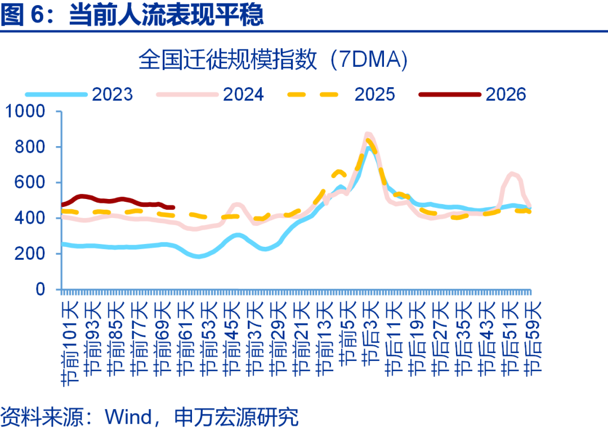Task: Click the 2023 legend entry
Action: click(x=112, y=94)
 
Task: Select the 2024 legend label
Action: click(x=243, y=94)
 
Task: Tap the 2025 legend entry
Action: click(x=374, y=94)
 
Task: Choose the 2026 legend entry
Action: click(x=506, y=94)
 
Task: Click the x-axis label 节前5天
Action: click(x=348, y=332)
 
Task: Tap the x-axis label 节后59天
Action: click(x=533, y=338)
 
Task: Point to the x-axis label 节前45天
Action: click(x=233, y=338)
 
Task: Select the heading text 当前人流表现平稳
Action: click(x=166, y=15)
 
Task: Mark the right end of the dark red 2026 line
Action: click(x=173, y=207)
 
